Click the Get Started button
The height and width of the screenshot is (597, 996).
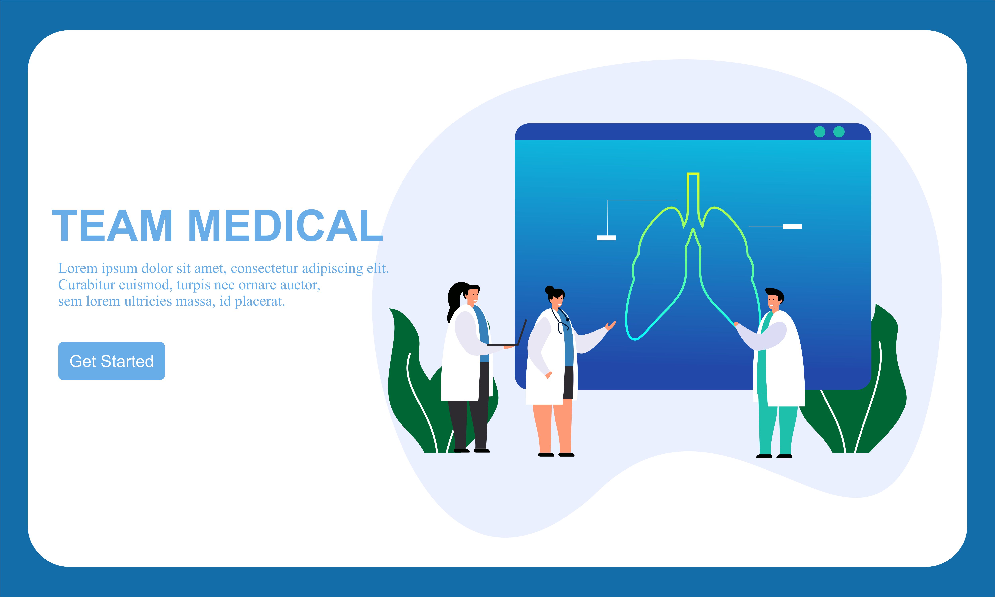pos(111,361)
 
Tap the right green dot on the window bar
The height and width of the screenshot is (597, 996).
pos(839,132)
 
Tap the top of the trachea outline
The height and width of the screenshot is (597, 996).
pos(693,174)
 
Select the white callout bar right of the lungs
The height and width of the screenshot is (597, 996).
pos(793,227)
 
